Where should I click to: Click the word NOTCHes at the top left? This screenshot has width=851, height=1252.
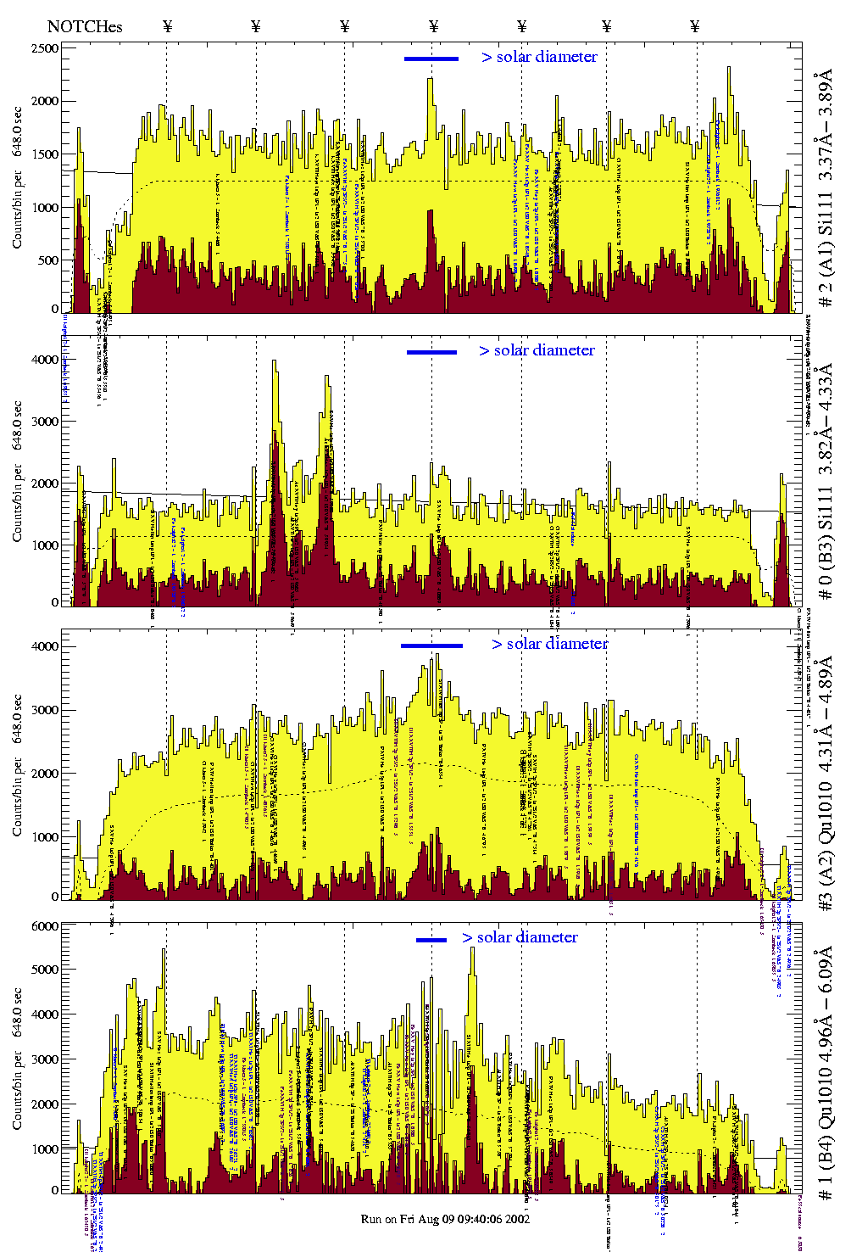click(85, 26)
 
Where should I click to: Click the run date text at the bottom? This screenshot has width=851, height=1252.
click(445, 1219)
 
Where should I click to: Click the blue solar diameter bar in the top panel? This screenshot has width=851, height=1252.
click(431, 59)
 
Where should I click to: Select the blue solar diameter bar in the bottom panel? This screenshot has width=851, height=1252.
click(431, 940)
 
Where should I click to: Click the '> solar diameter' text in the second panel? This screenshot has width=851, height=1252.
click(537, 350)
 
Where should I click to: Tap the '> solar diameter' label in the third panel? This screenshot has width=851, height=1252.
click(549, 644)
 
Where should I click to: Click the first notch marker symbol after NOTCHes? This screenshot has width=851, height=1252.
click(167, 26)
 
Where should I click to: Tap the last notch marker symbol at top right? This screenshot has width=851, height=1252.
click(695, 26)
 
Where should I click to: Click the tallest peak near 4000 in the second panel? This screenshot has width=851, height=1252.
click(274, 362)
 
